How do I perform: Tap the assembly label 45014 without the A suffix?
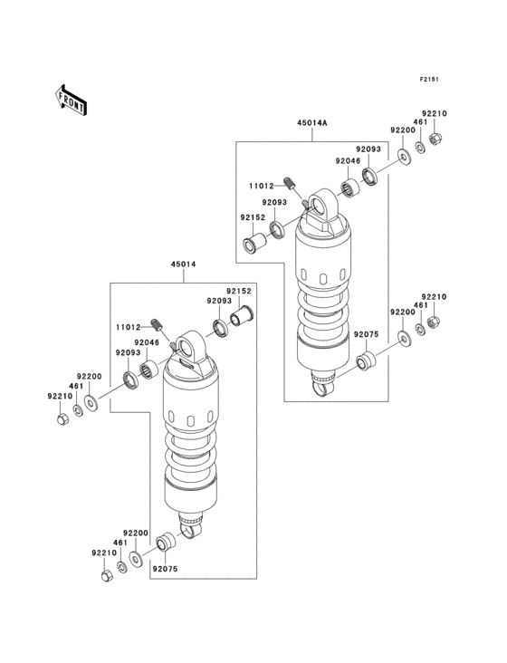tap(182, 264)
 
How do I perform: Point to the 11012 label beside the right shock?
tap(263, 187)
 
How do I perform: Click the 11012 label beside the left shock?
tap(128, 327)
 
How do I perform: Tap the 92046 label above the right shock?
tap(348, 161)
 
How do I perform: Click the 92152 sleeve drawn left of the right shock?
tap(253, 244)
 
